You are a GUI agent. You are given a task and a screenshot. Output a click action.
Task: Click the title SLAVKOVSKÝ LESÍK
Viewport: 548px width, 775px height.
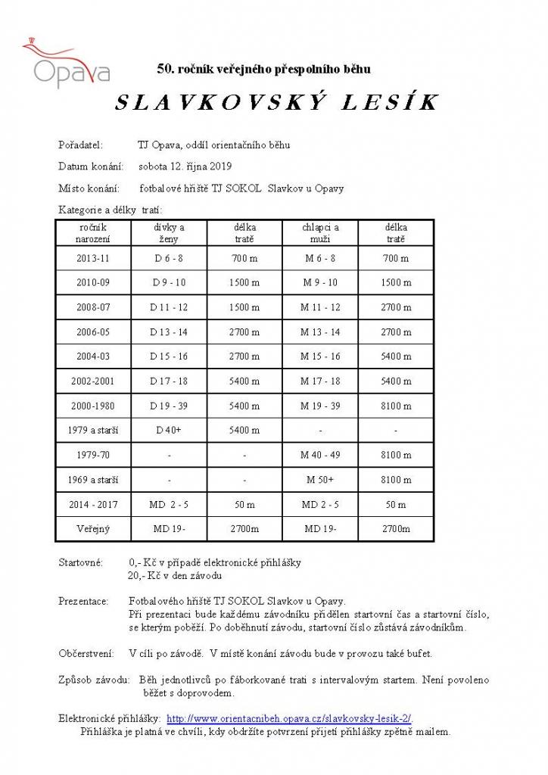click(277, 104)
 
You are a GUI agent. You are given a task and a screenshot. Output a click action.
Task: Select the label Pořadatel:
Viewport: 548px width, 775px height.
click(79, 145)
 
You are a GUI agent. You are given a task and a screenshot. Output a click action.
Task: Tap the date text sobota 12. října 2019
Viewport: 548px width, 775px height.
click(185, 167)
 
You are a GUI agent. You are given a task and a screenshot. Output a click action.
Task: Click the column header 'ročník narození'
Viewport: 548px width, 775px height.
click(92, 232)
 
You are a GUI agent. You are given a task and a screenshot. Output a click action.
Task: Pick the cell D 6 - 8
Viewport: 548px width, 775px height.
click(169, 258)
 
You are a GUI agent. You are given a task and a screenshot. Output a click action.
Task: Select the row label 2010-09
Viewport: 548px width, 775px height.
click(92, 282)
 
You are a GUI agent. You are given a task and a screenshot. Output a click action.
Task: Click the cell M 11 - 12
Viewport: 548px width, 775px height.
click(320, 307)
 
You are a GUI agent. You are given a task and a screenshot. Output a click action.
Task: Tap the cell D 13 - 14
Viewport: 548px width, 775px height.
click(169, 331)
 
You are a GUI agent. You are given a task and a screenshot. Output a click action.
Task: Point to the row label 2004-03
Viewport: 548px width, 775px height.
click(92, 356)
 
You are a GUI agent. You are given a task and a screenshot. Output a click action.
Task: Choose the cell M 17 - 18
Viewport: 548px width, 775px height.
click(320, 381)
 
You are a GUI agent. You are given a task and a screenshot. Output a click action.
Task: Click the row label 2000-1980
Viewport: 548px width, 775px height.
click(92, 406)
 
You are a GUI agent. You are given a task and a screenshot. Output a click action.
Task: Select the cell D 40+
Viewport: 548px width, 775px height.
click(169, 430)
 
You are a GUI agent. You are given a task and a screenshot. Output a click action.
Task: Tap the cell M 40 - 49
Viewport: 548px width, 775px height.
click(320, 455)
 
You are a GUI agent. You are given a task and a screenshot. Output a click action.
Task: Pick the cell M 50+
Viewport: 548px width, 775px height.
click(320, 480)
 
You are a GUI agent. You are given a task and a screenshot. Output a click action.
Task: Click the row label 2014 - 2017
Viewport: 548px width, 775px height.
click(92, 504)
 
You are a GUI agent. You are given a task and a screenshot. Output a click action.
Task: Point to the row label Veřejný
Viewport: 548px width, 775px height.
click(92, 529)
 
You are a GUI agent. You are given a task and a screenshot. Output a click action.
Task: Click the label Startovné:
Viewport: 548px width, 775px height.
click(81, 562)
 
